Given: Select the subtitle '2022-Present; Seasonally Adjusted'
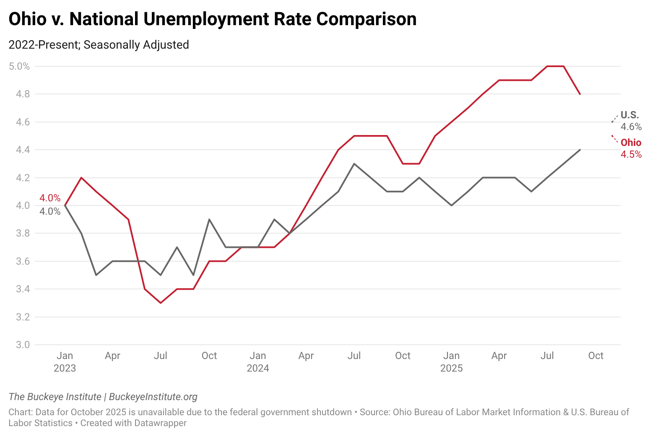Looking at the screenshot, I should click(x=99, y=44).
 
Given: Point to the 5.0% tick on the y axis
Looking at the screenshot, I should click(x=20, y=66).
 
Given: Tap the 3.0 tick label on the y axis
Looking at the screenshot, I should click(x=23, y=345).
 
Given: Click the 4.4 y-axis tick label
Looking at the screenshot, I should click(x=23, y=150).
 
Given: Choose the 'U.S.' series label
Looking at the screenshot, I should click(x=629, y=115).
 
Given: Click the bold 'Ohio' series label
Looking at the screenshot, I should click(x=631, y=143).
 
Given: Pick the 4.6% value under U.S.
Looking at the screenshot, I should click(x=631, y=127).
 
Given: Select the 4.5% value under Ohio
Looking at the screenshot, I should click(x=631, y=154).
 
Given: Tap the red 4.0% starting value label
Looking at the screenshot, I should click(x=50, y=198).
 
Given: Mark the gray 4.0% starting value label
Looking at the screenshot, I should click(x=50, y=211).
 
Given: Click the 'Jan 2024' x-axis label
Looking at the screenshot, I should click(x=258, y=362).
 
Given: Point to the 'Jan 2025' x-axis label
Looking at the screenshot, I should click(x=451, y=362).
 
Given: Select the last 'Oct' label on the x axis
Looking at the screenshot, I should click(x=595, y=356).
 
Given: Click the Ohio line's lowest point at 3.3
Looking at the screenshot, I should click(x=161, y=303).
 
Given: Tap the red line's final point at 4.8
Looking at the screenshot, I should click(x=580, y=94).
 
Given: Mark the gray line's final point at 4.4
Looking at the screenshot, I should click(x=580, y=150).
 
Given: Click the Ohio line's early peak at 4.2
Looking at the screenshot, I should click(x=81, y=178).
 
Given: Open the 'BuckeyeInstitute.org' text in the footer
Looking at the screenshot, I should click(x=153, y=397).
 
